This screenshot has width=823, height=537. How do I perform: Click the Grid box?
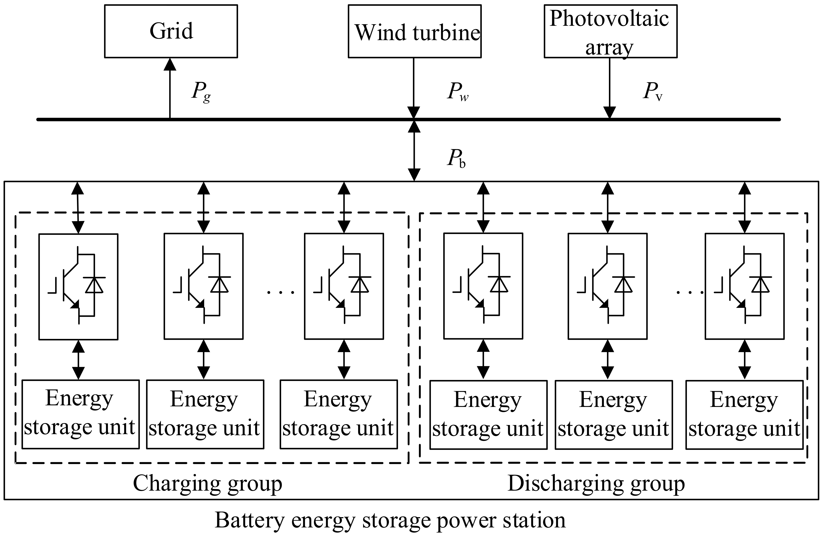[171, 31]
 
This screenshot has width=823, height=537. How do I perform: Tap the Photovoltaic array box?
[610, 31]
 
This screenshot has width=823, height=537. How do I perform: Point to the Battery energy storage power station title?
[390, 520]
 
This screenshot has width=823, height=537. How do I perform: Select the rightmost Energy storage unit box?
[744, 414]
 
